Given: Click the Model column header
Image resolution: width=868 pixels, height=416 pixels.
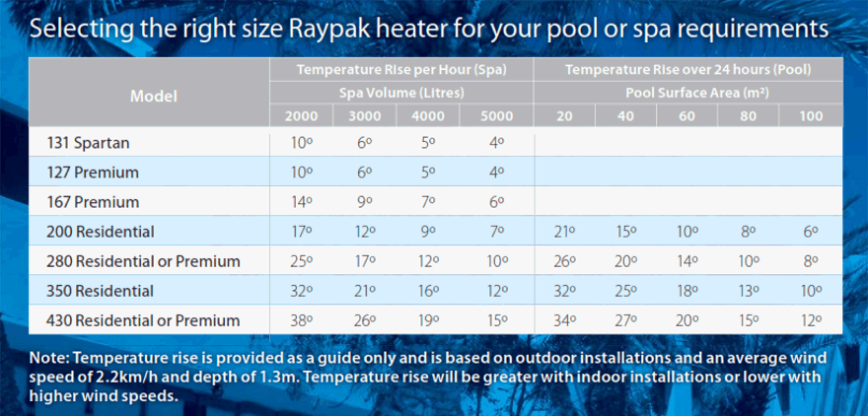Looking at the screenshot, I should tap(153, 97).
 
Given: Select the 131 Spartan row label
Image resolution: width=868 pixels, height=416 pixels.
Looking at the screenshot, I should tap(88, 143).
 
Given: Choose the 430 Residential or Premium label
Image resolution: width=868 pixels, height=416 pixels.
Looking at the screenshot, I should tap(143, 320).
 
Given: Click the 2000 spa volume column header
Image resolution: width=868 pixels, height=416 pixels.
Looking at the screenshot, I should tap(301, 116).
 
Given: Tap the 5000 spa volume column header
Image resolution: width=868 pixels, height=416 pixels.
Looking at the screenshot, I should tap(496, 116).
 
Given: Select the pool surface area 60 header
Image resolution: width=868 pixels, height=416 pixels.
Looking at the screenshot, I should tap(687, 116).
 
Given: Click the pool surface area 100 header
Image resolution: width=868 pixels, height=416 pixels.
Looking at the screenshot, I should tap(810, 116).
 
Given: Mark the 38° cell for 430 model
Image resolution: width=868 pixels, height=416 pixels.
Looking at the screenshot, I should tap(301, 320).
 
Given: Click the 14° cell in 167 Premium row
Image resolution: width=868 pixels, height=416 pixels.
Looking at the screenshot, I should tap(301, 202).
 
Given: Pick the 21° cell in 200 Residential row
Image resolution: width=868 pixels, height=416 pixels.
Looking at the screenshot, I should tap(564, 232).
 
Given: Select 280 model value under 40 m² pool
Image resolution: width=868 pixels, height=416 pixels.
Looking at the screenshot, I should tap(626, 261).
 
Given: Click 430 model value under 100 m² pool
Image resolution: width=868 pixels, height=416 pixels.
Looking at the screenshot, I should tap(810, 320).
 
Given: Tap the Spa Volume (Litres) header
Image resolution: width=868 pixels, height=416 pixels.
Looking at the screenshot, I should tap(401, 93).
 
